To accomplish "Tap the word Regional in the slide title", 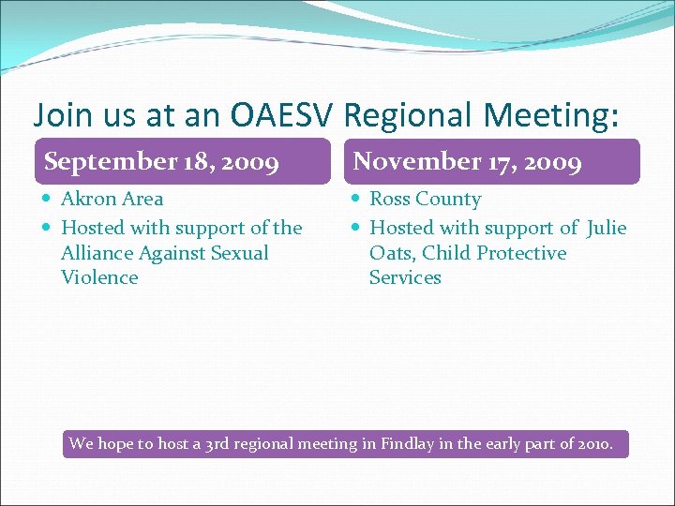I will point(413,115).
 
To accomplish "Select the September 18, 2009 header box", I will point(182,161).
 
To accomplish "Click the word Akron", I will point(87,199).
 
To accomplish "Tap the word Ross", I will point(391,199).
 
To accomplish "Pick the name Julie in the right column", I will point(607,228).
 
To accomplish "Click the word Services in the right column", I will point(405,277).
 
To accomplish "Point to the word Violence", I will point(99,277).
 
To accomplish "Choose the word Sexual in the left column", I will point(240,253).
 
